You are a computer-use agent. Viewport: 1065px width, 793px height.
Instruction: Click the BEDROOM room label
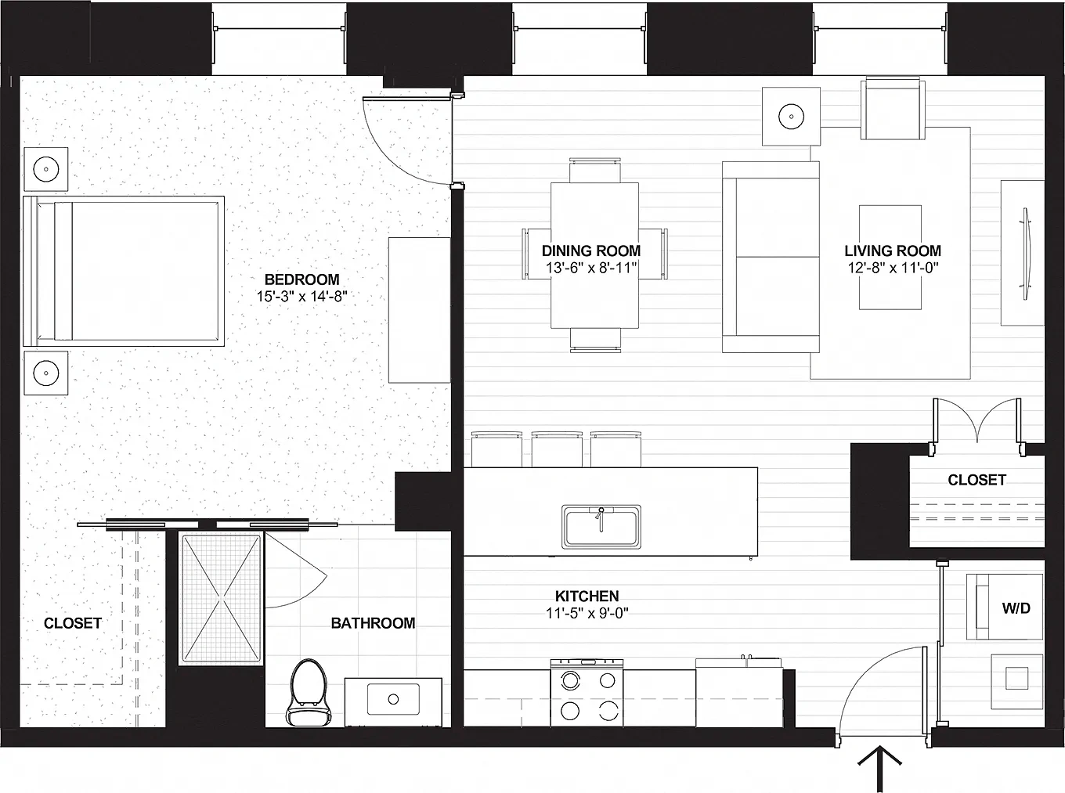tap(301, 279)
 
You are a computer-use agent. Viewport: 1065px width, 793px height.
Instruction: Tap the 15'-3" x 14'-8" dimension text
tap(301, 296)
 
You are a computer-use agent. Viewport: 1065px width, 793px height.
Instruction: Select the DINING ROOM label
tap(591, 251)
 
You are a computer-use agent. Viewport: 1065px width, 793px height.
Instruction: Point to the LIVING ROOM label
tap(893, 251)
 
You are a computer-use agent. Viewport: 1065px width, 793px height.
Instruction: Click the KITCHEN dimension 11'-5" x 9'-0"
tap(587, 613)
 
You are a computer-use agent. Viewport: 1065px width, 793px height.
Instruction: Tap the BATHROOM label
tap(373, 623)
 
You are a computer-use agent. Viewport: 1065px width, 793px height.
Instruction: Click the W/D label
tap(1016, 608)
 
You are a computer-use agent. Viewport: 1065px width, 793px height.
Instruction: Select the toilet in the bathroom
tap(309, 692)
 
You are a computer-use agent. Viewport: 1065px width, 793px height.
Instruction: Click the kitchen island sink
tap(601, 527)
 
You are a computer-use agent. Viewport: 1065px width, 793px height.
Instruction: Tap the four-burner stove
tap(587, 693)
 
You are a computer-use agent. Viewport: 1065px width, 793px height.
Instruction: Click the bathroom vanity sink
tap(393, 699)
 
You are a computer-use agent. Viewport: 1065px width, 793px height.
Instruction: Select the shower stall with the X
tap(222, 598)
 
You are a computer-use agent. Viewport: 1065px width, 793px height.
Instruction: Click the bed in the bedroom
tap(124, 271)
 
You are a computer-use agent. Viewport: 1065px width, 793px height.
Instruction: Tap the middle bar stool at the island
tap(557, 449)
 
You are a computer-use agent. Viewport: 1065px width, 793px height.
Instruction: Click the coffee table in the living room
tap(890, 258)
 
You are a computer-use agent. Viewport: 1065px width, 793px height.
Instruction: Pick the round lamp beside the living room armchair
tap(791, 116)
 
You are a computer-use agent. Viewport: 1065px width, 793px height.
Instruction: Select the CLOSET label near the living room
tap(977, 480)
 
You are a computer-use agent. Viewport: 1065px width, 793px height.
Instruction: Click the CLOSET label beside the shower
tap(73, 623)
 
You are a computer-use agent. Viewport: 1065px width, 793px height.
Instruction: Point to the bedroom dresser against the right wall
tap(419, 310)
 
